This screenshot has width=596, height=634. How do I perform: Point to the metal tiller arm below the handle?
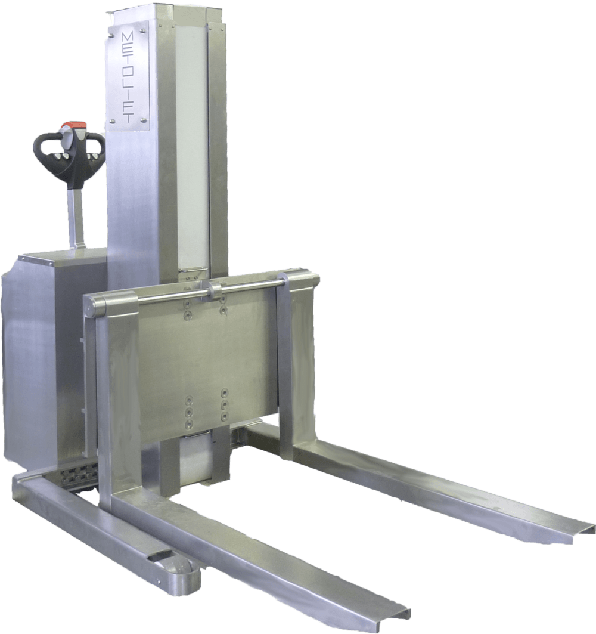coord(76,215)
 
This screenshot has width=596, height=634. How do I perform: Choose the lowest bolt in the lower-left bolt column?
coord(190,423)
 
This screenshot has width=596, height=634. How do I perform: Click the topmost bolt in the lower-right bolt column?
coord(224,392)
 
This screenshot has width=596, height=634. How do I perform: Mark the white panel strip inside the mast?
coord(193,149)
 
